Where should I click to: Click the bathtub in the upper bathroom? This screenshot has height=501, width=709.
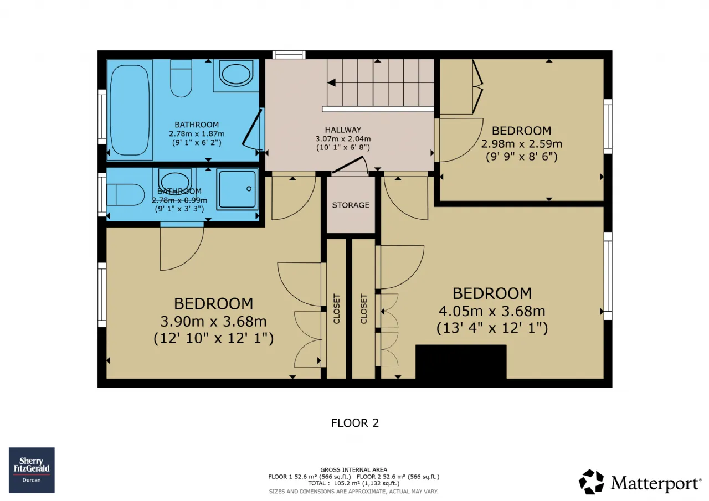point(130,110)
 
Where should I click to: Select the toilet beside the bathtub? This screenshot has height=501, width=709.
point(181,78)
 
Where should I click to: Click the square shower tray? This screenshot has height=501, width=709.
point(238,189)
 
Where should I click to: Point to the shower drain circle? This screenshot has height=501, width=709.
point(249,189)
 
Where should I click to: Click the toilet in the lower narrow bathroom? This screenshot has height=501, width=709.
point(125,195)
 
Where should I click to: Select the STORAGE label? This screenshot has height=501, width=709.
point(351,205)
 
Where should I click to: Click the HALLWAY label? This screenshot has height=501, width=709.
point(343,130)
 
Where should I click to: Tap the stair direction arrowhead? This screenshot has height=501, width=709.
point(331,83)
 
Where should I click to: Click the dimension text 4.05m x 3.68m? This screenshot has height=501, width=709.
point(492,311)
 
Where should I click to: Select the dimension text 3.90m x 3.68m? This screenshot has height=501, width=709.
point(213,322)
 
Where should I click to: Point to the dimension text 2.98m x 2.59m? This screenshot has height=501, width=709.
point(522,144)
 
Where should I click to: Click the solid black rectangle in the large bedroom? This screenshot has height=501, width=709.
point(461,362)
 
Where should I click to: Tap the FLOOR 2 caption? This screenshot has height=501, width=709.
point(355,423)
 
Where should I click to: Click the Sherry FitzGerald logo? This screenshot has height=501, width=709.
point(32,470)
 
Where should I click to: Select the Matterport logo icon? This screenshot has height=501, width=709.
point(591,482)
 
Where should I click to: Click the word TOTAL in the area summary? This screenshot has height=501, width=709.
point(317,483)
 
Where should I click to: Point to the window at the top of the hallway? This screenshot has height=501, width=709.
point(289,55)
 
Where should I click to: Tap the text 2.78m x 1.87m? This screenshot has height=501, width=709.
point(197,133)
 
